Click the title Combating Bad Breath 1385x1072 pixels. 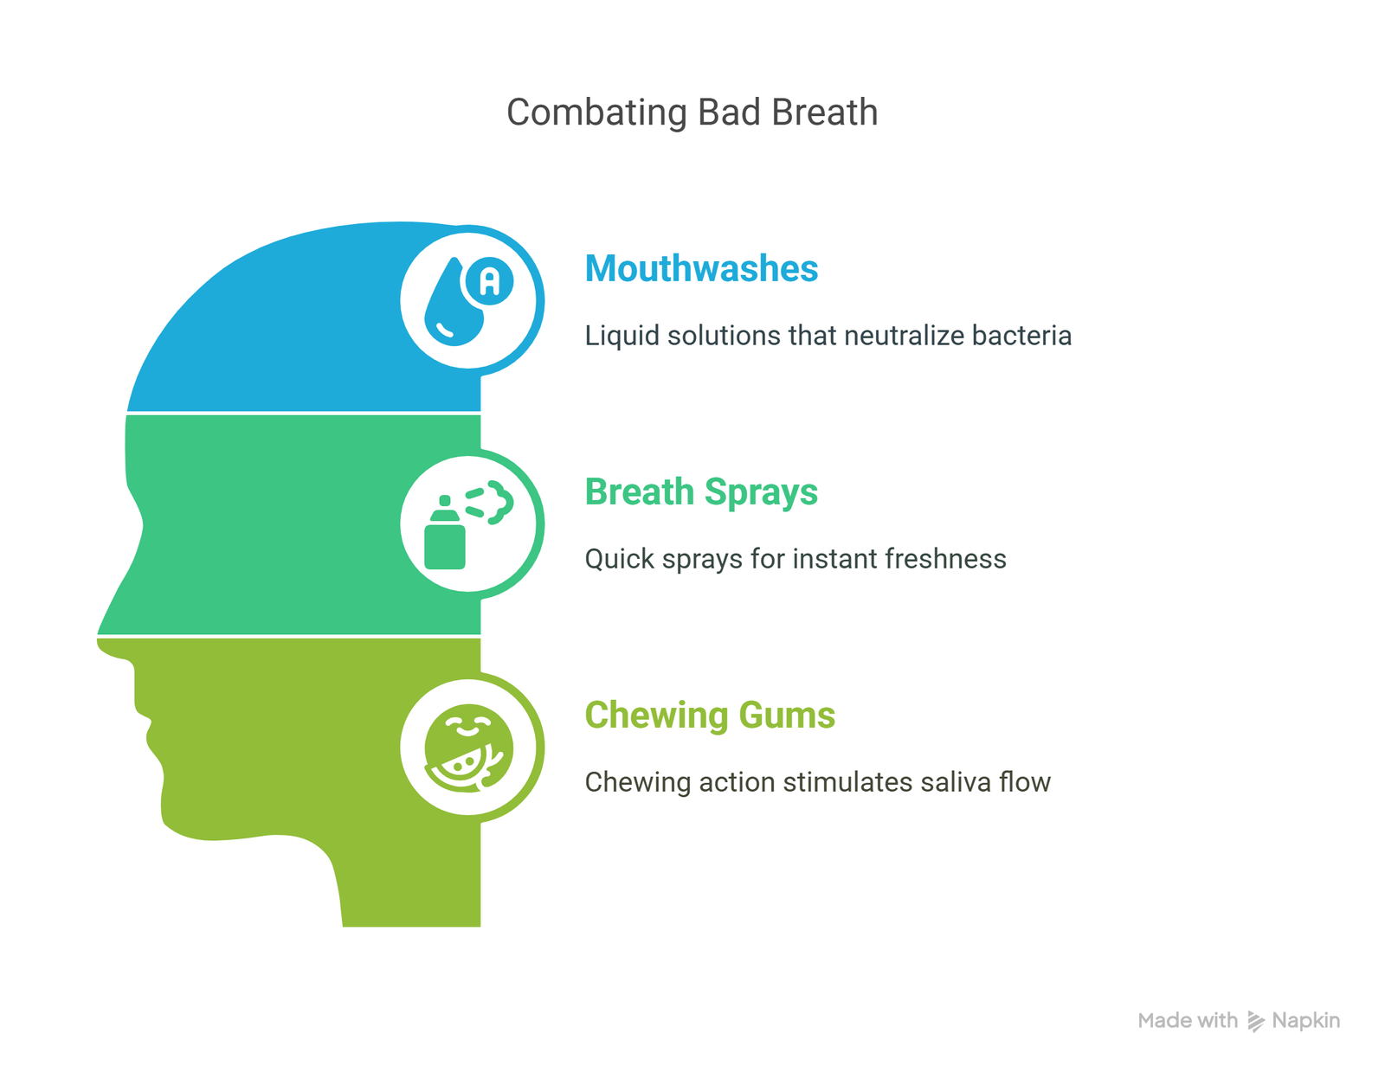coord(692,112)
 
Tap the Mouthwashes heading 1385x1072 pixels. coord(701,268)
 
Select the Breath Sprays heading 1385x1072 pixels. coord(701,492)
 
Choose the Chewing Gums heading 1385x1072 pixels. coord(710,716)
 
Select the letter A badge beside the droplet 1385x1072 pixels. coord(489,280)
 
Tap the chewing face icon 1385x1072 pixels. coord(468,748)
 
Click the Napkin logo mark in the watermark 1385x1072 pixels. coord(1255,1020)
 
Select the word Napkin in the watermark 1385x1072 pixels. coord(1306,1020)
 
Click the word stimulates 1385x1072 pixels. coord(847,782)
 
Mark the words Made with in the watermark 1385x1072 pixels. coord(1188,1020)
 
